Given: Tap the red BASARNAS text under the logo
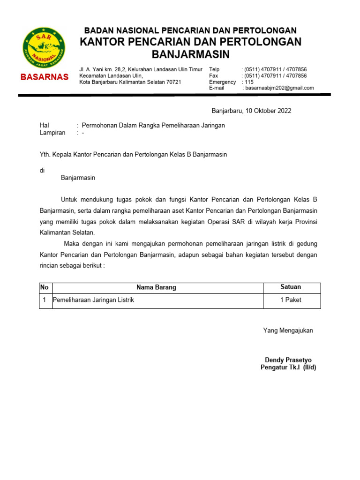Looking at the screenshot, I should (44, 77).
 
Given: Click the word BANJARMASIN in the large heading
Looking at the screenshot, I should (191, 55).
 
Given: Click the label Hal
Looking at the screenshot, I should (45, 126).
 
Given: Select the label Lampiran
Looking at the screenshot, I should (52, 133).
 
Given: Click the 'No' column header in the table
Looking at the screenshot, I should (45, 287).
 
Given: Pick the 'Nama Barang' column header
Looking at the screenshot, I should (156, 287).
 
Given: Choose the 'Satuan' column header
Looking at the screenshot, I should (291, 287).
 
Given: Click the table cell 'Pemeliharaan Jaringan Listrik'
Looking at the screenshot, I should (93, 300).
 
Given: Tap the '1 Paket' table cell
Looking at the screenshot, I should (291, 300).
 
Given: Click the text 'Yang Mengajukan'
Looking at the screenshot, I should (288, 330).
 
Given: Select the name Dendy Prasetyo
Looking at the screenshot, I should (288, 360).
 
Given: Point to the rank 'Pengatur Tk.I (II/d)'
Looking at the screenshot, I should (288, 367).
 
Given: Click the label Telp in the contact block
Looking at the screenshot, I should (214, 69).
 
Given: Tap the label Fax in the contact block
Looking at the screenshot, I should (214, 76).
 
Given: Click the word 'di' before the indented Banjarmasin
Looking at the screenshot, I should (42, 171).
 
